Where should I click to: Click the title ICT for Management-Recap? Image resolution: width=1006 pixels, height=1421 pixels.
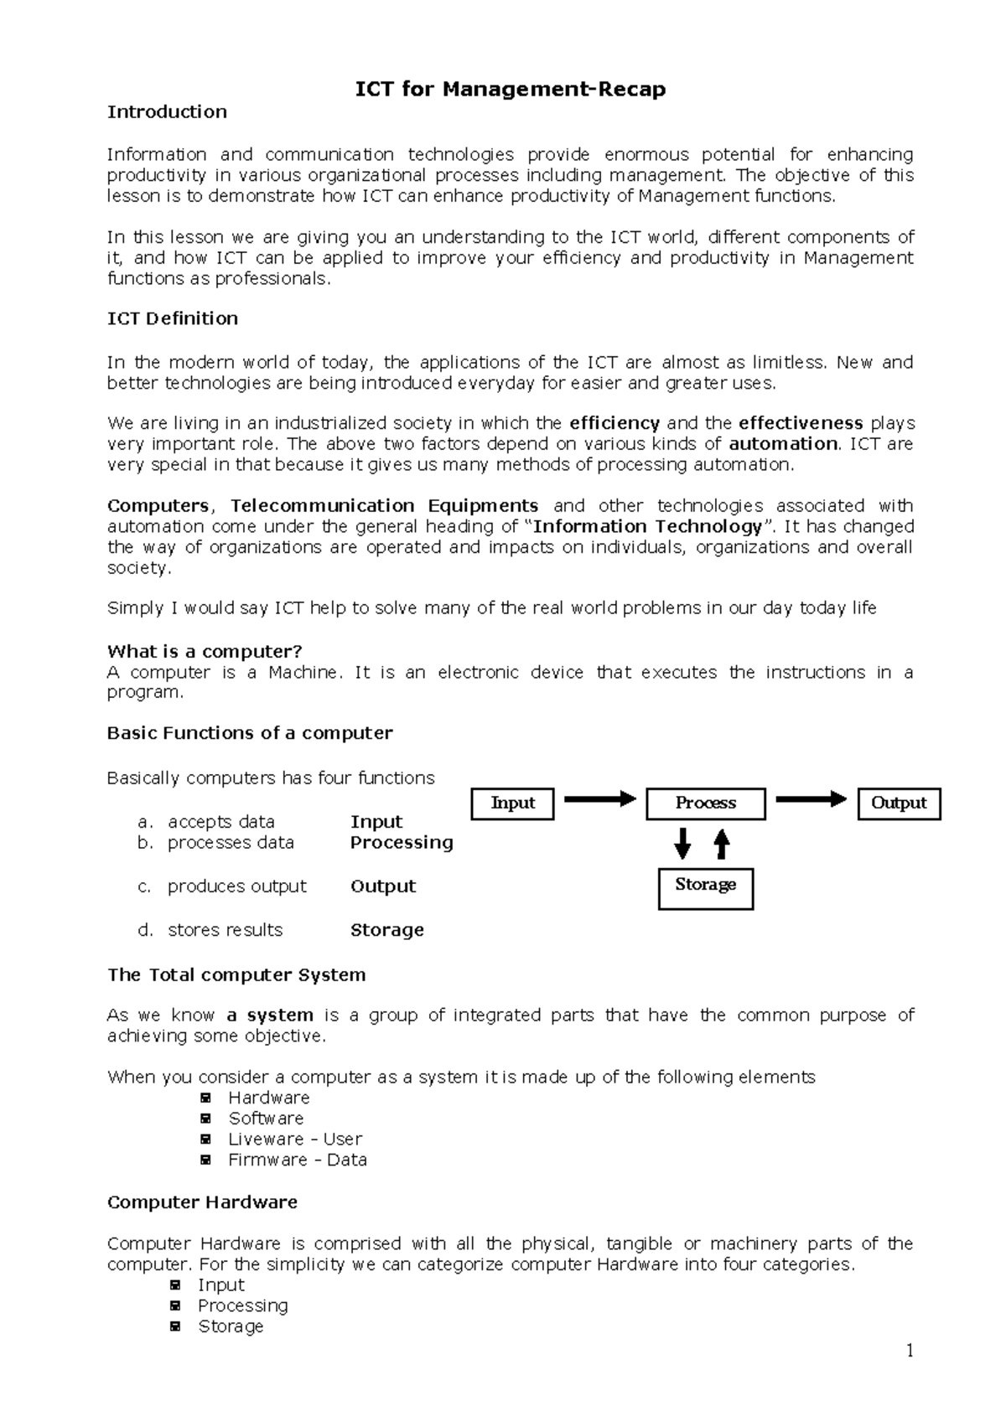[x=511, y=90]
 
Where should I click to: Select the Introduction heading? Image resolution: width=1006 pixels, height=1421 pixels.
[x=167, y=112]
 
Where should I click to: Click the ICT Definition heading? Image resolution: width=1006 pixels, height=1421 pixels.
[x=173, y=318]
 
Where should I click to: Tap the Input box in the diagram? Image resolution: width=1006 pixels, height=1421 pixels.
[x=512, y=804]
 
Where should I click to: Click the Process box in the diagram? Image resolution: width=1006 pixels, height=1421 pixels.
[x=705, y=804]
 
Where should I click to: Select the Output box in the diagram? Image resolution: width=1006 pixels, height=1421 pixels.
[x=899, y=804]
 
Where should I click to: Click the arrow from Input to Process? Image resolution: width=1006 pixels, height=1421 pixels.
[x=599, y=799]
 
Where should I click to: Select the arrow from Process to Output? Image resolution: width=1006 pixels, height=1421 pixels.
[x=811, y=799]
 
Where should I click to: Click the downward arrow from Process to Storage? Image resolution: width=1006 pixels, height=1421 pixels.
[x=683, y=844]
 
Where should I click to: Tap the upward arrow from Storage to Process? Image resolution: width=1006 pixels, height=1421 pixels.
[x=722, y=844]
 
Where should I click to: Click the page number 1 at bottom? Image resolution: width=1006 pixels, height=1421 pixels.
[x=909, y=1350]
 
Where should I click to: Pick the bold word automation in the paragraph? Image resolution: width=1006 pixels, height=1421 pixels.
[x=783, y=444]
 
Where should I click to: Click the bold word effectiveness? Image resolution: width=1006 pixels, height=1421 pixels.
[x=801, y=423]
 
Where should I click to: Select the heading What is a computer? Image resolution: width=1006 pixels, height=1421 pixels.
[x=205, y=652]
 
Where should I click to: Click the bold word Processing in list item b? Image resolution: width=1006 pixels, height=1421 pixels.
[x=402, y=843]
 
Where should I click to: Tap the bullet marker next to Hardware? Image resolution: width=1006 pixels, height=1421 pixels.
[x=205, y=1098]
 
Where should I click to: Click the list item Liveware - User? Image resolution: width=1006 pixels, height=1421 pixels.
[x=295, y=1139]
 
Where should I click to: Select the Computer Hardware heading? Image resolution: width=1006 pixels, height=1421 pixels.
[x=202, y=1202]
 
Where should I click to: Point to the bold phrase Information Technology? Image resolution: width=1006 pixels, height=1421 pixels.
[x=647, y=527]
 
